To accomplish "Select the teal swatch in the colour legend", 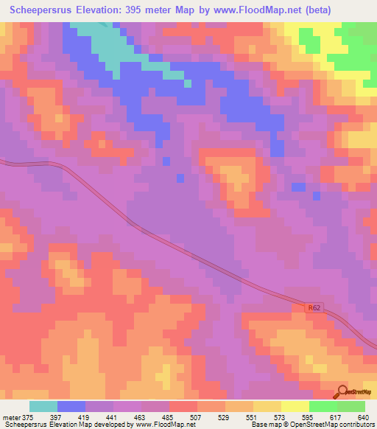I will point(43,406).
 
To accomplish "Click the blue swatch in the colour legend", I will point(71,406).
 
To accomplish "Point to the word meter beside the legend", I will point(10,417).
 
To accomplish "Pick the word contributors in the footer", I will point(356,425).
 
